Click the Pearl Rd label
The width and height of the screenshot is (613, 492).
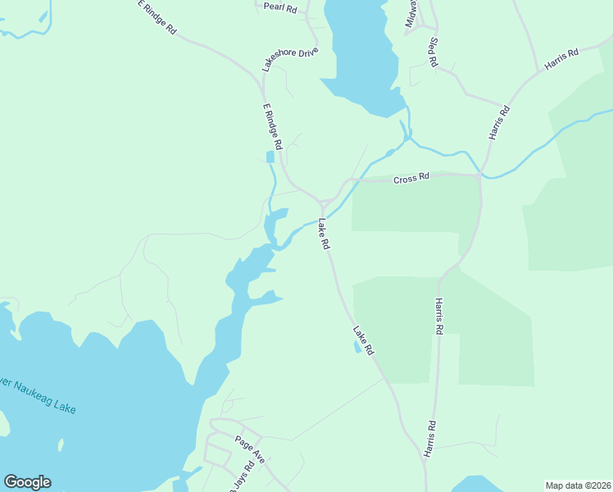pyautogui.click(x=279, y=7)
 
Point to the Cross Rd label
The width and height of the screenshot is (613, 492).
pyautogui.click(x=411, y=178)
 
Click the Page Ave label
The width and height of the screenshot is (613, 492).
pyautogui.click(x=250, y=449)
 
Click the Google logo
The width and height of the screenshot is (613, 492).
pyautogui.click(x=27, y=482)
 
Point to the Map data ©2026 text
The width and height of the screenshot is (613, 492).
pyautogui.click(x=579, y=485)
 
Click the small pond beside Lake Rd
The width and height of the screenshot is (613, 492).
pyautogui.click(x=356, y=347)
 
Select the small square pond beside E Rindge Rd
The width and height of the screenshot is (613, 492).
pyautogui.click(x=270, y=157)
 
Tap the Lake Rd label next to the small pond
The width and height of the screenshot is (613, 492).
pyautogui.click(x=364, y=340)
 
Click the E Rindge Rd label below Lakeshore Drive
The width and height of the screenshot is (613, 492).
pyautogui.click(x=272, y=126)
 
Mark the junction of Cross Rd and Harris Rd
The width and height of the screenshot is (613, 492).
pyautogui.click(x=479, y=175)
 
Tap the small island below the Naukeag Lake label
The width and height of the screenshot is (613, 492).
pyautogui.click(x=61, y=445)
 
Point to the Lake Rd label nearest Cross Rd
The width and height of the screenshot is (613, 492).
pyautogui.click(x=325, y=234)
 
